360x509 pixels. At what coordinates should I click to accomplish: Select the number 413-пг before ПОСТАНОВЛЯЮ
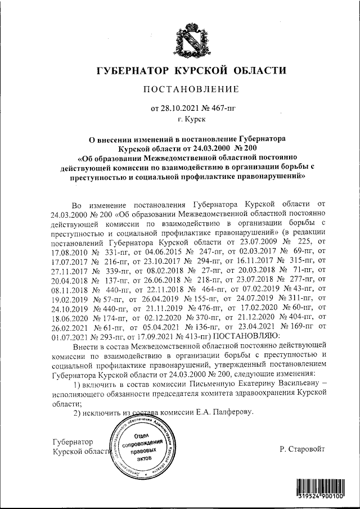click(160, 336)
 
